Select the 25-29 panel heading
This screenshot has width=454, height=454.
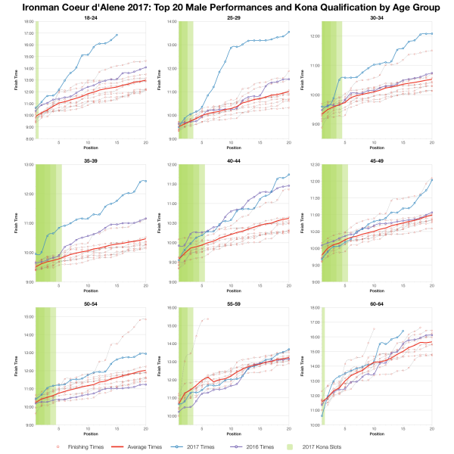pyautogui.click(x=233, y=18)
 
